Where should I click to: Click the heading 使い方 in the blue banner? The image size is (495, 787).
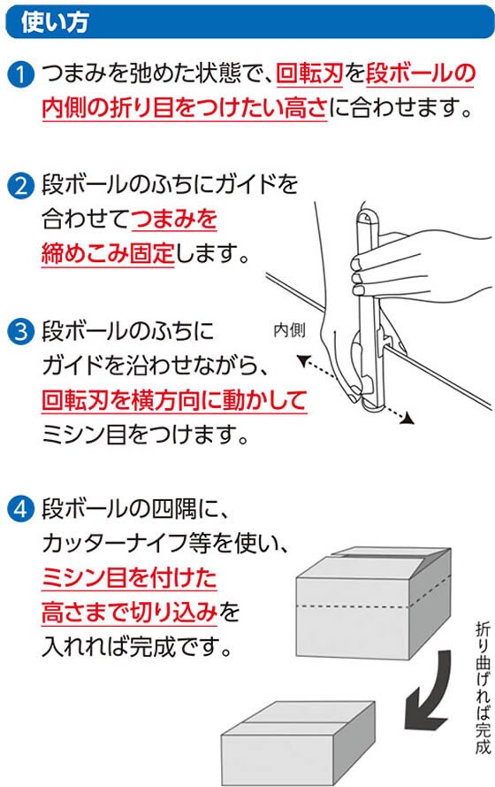(55, 22)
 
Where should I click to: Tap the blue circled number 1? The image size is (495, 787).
(20, 74)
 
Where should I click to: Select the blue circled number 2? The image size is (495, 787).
(20, 185)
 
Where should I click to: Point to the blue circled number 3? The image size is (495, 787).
(20, 332)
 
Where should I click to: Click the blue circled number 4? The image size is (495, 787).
(20, 509)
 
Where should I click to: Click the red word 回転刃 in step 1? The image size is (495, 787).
(309, 73)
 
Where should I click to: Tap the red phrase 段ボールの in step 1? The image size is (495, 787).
(420, 73)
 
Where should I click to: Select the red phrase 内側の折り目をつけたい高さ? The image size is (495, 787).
(185, 108)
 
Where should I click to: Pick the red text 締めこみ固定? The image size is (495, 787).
(108, 253)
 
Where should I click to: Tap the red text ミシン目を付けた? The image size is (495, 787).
(129, 578)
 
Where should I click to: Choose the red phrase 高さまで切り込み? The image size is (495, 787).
(129, 613)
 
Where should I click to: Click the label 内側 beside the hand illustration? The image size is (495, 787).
(289, 330)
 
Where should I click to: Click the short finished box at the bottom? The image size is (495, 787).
(299, 744)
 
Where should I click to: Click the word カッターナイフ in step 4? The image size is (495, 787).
(115, 543)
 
